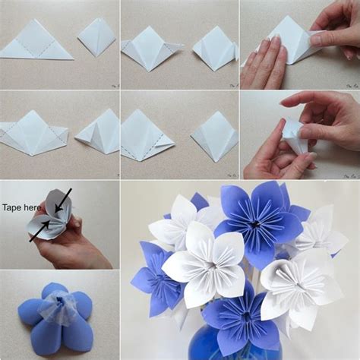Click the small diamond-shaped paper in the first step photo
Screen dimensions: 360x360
point(96,37)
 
